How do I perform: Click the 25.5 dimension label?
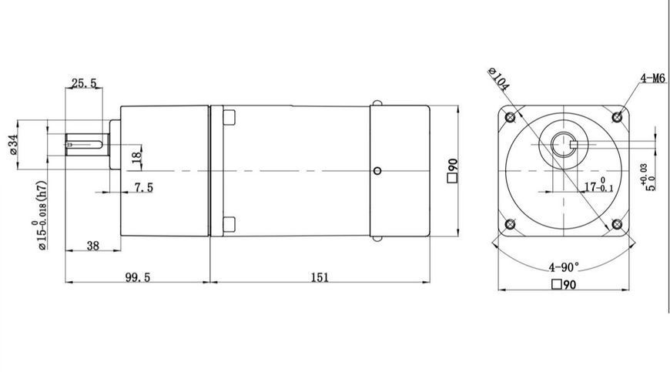point(84,83)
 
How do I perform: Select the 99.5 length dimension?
point(138,277)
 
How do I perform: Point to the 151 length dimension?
point(320,277)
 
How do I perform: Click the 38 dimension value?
point(92,246)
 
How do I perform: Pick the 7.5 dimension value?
point(143,187)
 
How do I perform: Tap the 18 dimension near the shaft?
point(137,156)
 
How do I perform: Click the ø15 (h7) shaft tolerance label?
point(41,215)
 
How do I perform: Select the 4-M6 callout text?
point(652,78)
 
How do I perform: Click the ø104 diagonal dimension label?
point(498,79)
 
